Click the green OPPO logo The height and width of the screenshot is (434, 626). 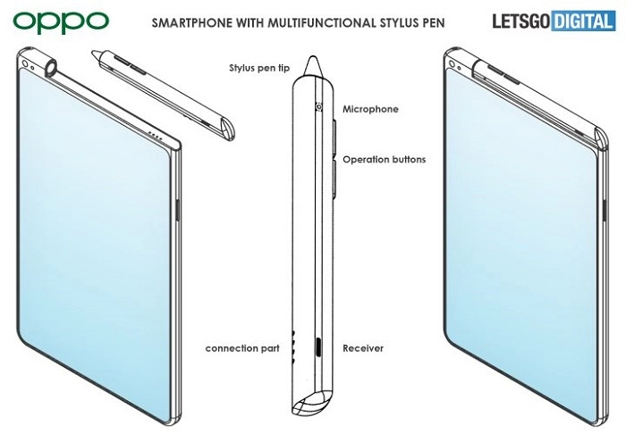(61, 22)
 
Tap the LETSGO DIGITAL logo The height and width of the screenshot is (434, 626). (554, 21)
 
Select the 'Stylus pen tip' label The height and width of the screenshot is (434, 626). (259, 68)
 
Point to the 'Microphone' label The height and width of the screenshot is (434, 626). (370, 109)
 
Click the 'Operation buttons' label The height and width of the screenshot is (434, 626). (384, 160)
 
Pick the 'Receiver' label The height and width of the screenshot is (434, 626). (363, 348)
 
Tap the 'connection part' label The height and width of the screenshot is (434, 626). (242, 348)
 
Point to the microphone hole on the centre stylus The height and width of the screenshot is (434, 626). (319, 107)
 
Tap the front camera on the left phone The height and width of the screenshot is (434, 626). (25, 63)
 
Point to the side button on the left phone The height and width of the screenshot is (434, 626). (178, 210)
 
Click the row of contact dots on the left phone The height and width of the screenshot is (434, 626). (155, 136)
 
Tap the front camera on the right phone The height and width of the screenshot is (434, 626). (453, 63)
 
